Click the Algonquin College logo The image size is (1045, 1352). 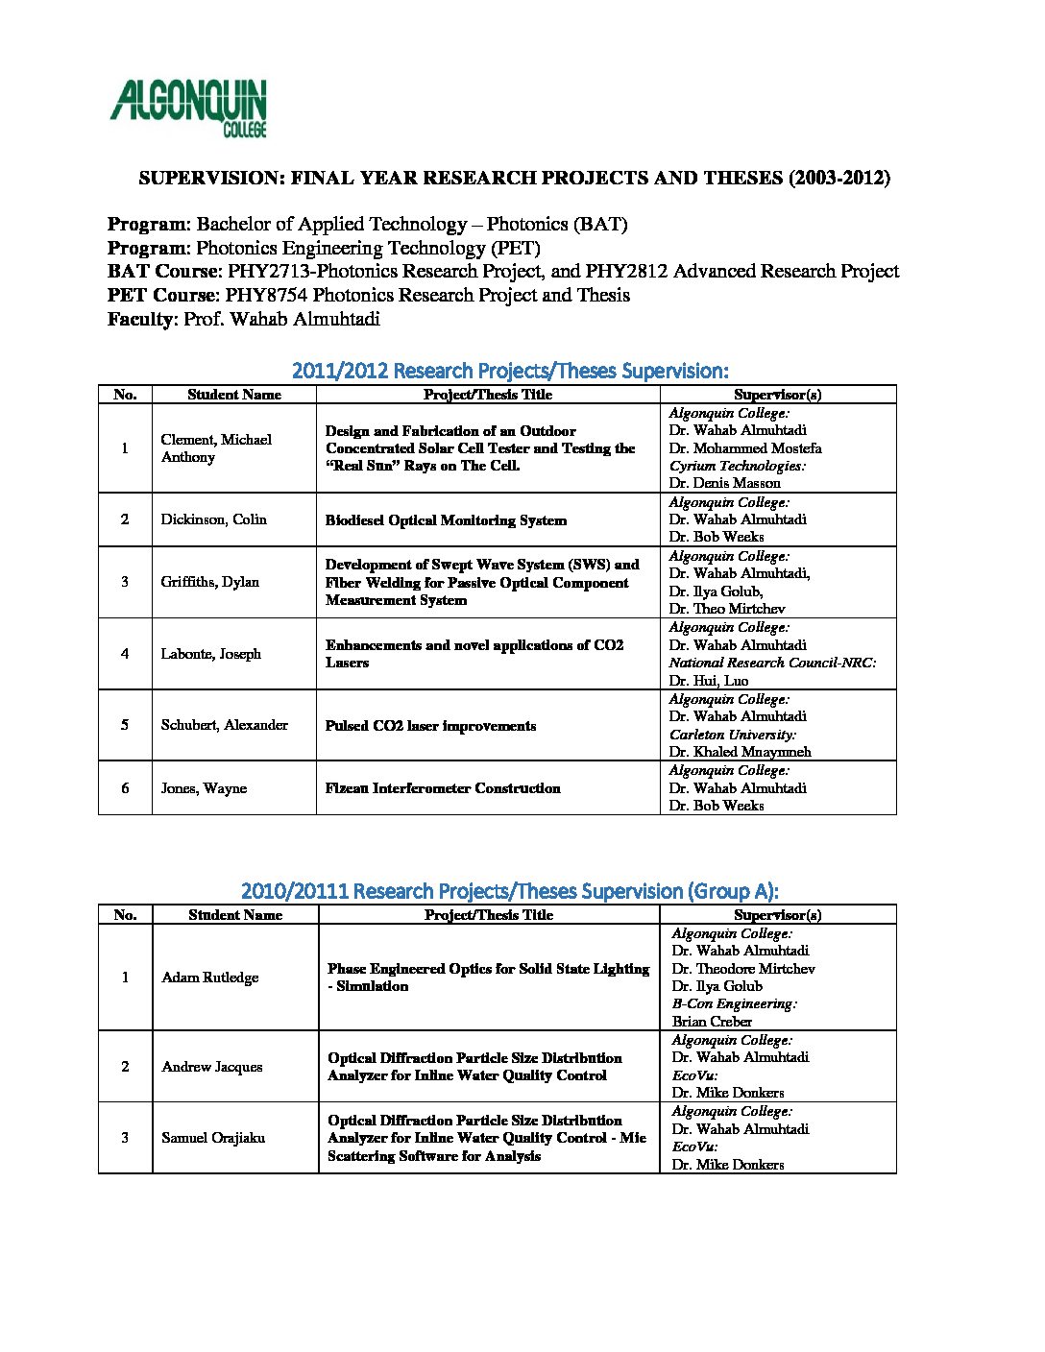pyautogui.click(x=188, y=108)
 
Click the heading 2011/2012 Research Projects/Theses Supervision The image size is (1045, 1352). pyautogui.click(x=510, y=371)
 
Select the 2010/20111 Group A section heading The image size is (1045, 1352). pyautogui.click(x=510, y=891)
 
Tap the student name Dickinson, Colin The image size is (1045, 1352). pyautogui.click(x=213, y=519)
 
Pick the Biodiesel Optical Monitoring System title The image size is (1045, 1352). pyautogui.click(x=446, y=520)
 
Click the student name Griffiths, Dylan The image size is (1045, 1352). pyautogui.click(x=209, y=582)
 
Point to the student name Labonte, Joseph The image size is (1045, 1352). pyautogui.click(x=210, y=654)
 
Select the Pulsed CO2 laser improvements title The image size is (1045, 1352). pyautogui.click(x=430, y=726)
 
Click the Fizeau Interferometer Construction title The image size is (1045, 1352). pyautogui.click(x=443, y=788)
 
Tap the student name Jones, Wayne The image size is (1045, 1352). pyautogui.click(x=204, y=788)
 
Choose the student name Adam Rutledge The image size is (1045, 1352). pyautogui.click(x=209, y=978)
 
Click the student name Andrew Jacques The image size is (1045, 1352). pyautogui.click(x=211, y=1067)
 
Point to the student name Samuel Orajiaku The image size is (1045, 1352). pyautogui.click(x=213, y=1138)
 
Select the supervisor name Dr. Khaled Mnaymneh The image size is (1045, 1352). pyautogui.click(x=740, y=752)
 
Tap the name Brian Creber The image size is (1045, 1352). pyautogui.click(x=712, y=1022)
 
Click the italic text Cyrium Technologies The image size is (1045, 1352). pyautogui.click(x=738, y=466)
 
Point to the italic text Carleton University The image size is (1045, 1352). pyautogui.click(x=733, y=735)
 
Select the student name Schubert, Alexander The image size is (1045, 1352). pyautogui.click(x=224, y=725)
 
